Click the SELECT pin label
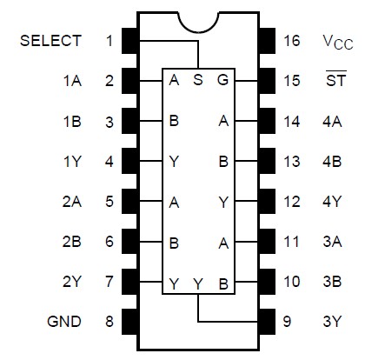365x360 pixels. (51, 41)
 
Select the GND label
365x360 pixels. (64, 322)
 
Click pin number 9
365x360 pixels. (288, 322)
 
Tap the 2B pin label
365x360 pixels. (71, 242)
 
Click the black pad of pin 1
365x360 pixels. (131, 41)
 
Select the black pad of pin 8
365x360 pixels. (131, 322)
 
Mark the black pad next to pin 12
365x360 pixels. (265, 202)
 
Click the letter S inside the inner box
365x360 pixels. (198, 81)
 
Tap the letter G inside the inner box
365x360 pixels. (223, 81)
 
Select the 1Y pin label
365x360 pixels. (71, 161)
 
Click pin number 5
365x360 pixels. (109, 202)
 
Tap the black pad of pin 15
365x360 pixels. (265, 81)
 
